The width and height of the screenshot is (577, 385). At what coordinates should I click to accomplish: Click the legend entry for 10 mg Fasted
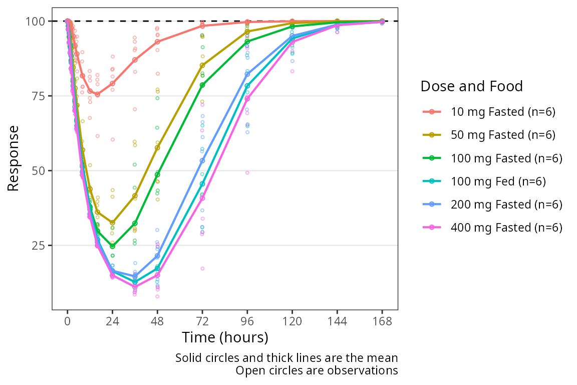(x=491, y=112)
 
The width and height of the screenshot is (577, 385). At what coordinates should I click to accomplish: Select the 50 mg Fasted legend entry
(x=491, y=135)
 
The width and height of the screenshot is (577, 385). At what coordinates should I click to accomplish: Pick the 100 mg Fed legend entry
(x=491, y=181)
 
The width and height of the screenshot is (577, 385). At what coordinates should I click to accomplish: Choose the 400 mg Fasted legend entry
(x=491, y=227)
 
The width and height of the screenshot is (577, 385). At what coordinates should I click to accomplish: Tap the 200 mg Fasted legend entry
(x=491, y=204)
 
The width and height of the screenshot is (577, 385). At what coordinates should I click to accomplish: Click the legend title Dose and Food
(x=471, y=86)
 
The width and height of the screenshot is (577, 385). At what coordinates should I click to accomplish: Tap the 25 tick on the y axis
(x=39, y=245)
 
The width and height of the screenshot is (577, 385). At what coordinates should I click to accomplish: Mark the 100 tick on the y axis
(x=37, y=21)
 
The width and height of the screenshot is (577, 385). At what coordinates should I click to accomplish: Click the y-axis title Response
(x=14, y=158)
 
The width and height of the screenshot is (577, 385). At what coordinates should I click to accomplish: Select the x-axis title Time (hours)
(x=225, y=337)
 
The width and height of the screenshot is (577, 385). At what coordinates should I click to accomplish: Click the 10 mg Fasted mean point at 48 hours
(x=157, y=42)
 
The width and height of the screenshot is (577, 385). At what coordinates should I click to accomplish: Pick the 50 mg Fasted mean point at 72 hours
(x=202, y=65)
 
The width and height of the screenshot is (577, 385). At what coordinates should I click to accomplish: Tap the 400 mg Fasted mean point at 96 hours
(x=247, y=99)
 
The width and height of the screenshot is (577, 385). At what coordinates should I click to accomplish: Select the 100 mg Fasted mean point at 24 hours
(x=112, y=246)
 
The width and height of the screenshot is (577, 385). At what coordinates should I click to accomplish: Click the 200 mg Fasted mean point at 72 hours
(x=202, y=161)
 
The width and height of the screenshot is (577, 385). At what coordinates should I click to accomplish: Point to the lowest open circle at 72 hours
(x=202, y=268)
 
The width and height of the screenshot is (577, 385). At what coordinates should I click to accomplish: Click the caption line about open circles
(x=317, y=370)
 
